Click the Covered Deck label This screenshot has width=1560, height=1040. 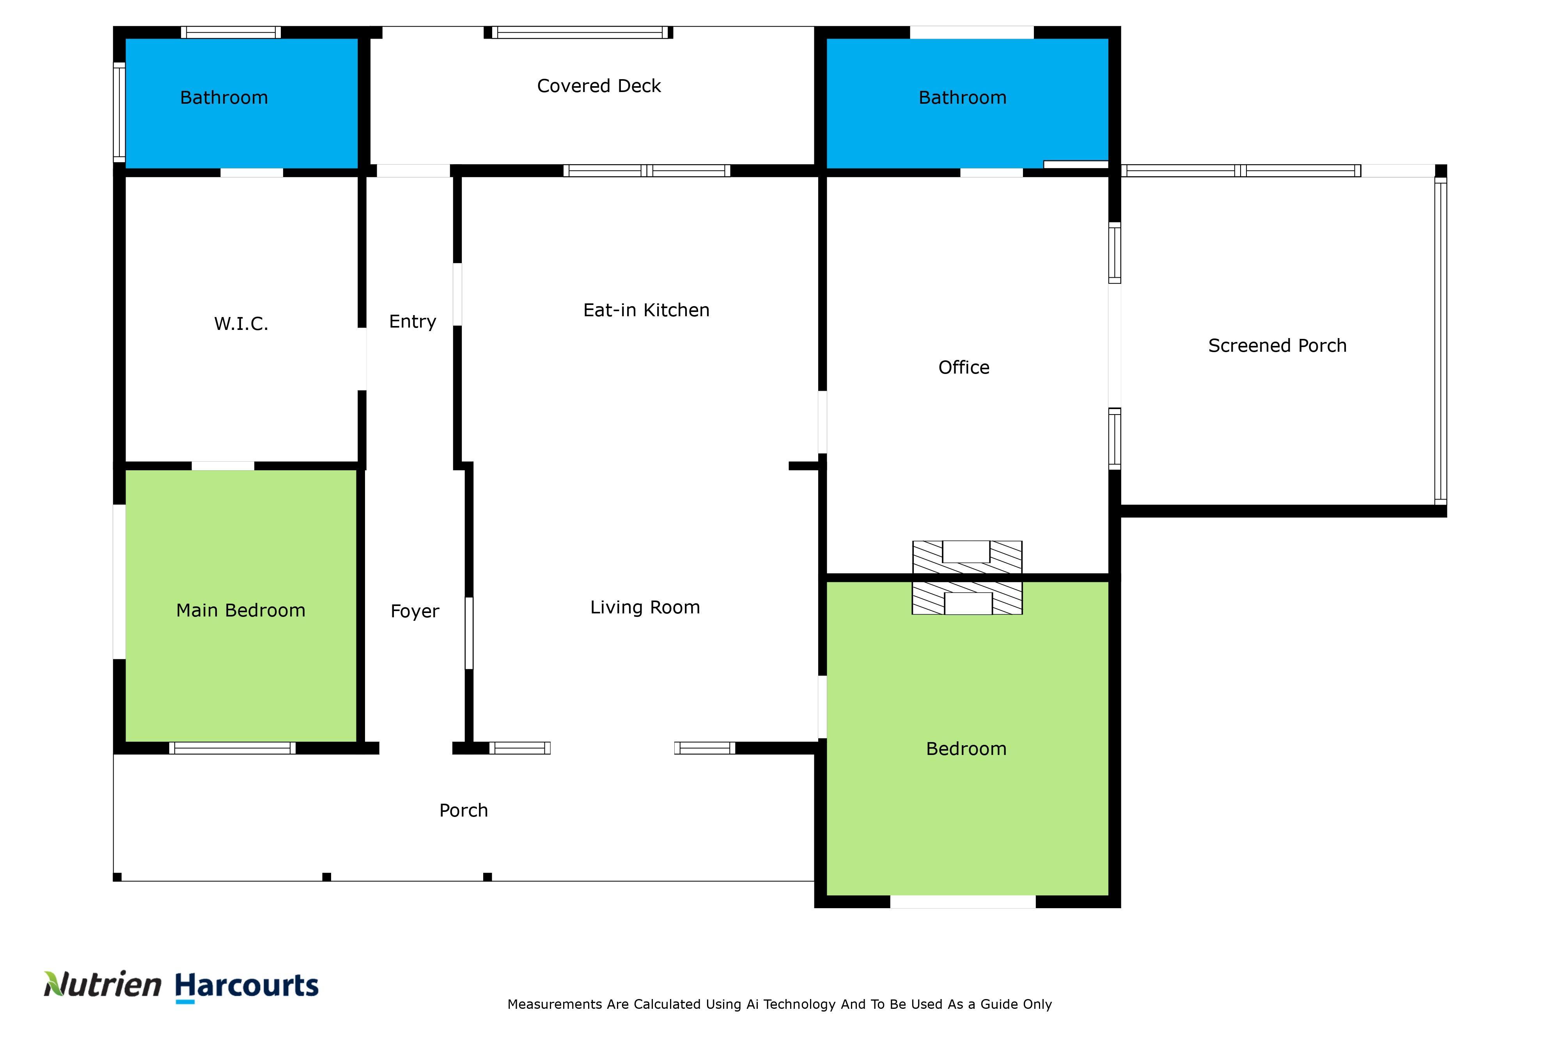(599, 86)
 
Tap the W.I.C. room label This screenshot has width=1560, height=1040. (241, 324)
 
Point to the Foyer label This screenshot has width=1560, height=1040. (415, 611)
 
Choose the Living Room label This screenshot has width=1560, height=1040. (645, 608)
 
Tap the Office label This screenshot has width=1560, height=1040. (964, 367)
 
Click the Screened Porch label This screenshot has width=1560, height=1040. (1277, 345)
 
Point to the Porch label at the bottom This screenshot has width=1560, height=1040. (464, 810)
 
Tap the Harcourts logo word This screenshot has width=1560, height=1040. (247, 986)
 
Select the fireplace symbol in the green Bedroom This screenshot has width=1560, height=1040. (967, 598)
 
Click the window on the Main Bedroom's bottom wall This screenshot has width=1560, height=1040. (232, 748)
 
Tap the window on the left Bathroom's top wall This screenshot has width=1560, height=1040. (231, 32)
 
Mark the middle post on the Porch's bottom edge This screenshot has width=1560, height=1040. (326, 877)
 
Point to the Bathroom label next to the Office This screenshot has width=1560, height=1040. (963, 97)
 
